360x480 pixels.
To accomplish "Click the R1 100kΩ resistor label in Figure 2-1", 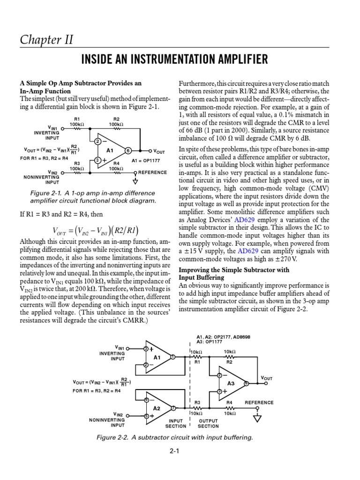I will (77, 121).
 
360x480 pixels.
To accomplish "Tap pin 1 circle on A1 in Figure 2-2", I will (172, 357).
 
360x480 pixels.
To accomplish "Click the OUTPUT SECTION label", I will (208, 423).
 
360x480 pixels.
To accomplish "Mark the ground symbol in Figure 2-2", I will (256, 419).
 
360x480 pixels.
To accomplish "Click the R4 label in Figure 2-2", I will (230, 403).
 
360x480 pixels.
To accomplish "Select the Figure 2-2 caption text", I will (174, 437).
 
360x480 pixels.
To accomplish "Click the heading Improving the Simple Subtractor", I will (234, 270).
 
